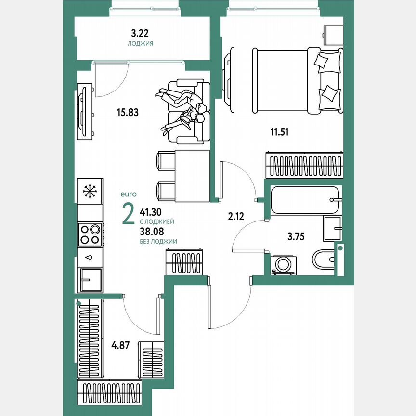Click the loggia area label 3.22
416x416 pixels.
tap(140, 34)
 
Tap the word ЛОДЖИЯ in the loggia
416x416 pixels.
tap(140, 43)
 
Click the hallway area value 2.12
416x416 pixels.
tap(236, 216)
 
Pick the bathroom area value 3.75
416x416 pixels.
tap(297, 236)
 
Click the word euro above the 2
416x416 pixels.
tap(129, 194)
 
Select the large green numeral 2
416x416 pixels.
tap(129, 214)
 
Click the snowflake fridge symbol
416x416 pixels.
tap(90, 191)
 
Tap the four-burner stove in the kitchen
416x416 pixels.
tap(90, 234)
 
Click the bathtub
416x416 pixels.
tap(305, 199)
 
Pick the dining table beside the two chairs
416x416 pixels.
tap(192, 176)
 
